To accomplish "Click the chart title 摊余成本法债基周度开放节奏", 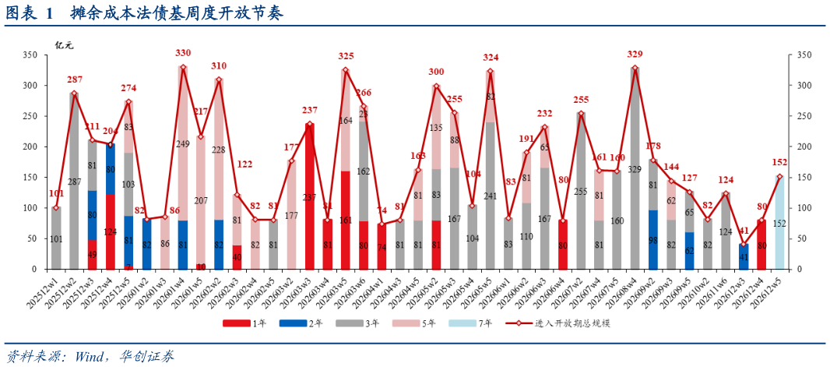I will click(x=175, y=14).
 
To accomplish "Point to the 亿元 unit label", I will click(x=64, y=44).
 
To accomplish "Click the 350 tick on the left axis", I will click(x=30, y=55).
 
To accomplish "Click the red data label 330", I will click(x=183, y=53).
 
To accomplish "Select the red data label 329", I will click(x=635, y=54).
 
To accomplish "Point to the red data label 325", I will click(x=346, y=56).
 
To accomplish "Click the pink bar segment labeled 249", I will click(x=183, y=144).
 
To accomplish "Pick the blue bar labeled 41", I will click(x=744, y=257).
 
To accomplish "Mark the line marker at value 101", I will click(x=56, y=208).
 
